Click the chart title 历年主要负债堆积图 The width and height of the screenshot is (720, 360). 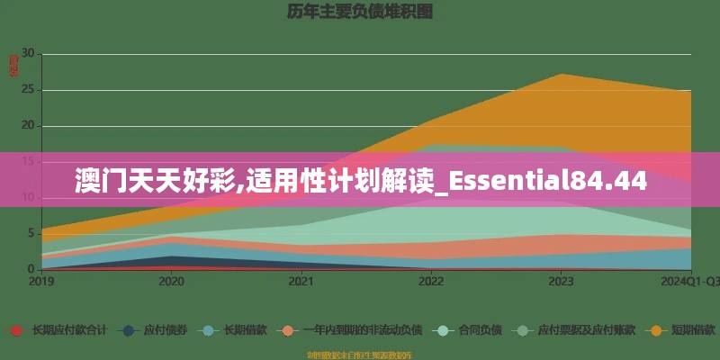[360, 12]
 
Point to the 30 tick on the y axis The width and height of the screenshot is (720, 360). [27, 54]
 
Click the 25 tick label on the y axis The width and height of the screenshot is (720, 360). [27, 90]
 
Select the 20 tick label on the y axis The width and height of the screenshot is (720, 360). [27, 126]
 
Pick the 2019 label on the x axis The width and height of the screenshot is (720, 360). [41, 282]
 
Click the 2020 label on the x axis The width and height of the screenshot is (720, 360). [171, 282]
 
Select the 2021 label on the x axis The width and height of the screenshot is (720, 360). [301, 282]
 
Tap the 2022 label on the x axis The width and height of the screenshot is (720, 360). [431, 282]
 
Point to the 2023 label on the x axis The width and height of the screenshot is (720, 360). [561, 282]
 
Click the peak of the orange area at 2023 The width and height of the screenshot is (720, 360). [561, 74]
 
